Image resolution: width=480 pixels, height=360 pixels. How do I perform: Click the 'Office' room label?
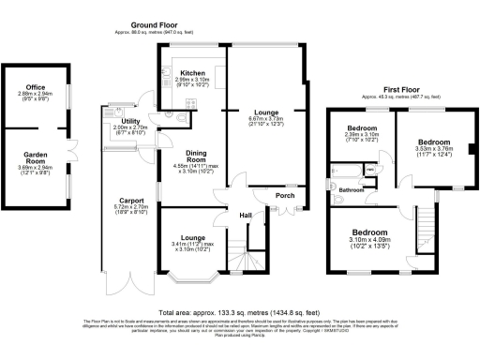35,86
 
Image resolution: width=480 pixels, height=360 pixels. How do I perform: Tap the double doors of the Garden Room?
70,150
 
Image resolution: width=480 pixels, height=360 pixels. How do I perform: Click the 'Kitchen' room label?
192,72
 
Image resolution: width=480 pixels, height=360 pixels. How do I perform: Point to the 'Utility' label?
131,121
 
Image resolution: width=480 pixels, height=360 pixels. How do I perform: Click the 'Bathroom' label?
352,190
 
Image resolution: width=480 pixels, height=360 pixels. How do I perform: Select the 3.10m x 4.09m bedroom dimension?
367,242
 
